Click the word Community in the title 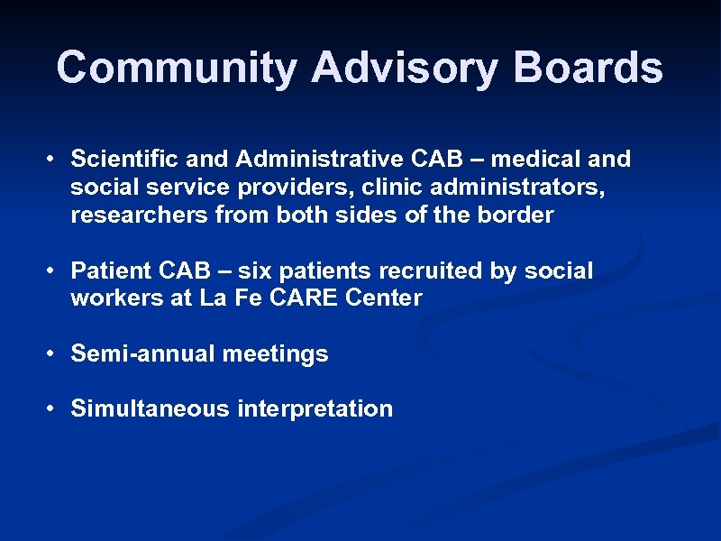pos(176,68)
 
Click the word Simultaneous pos(151,409)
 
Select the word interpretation pos(315,409)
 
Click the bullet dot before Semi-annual pos(54,354)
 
